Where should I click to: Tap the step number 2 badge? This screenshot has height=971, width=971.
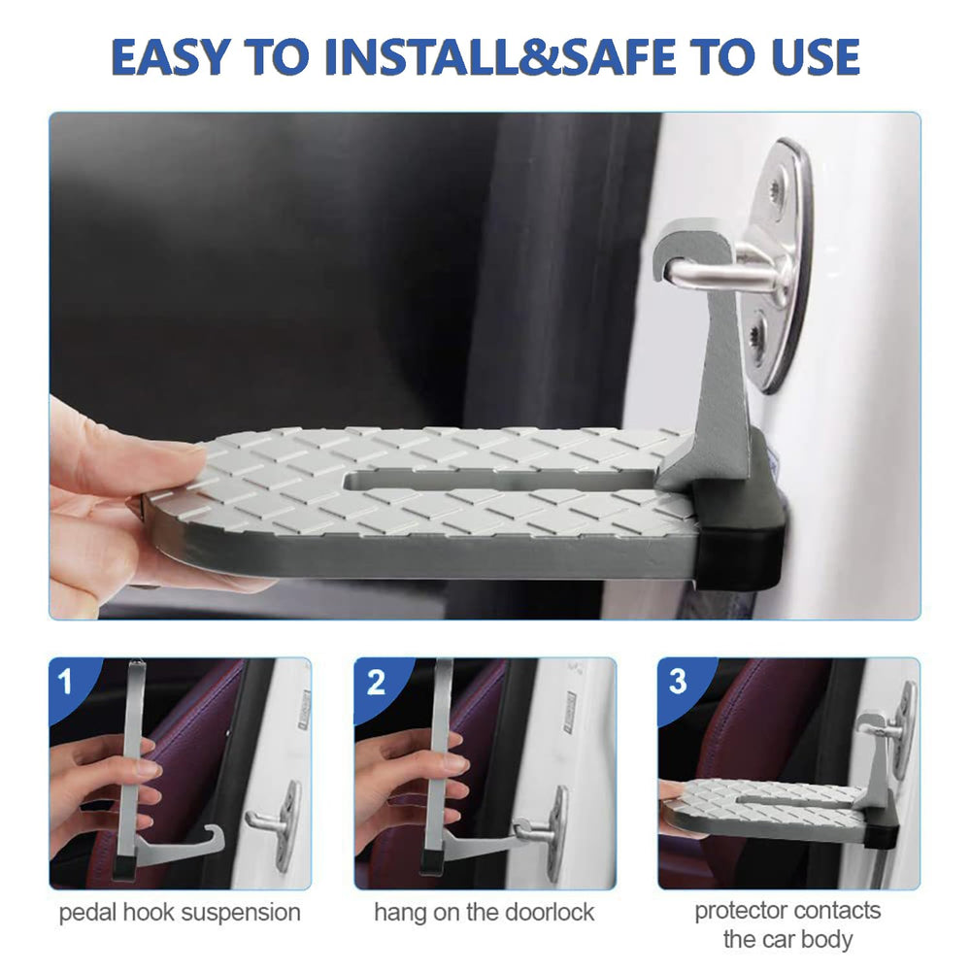click(375, 683)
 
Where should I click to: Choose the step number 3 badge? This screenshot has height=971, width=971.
click(678, 682)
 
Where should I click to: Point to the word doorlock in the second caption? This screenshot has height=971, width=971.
click(550, 912)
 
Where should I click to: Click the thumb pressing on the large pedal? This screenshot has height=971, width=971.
click(143, 452)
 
